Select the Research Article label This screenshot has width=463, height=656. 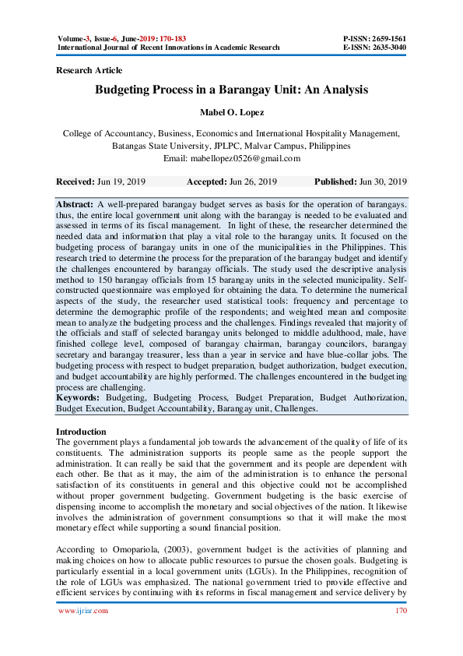coord(89,70)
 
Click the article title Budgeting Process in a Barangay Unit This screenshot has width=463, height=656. coord(231,90)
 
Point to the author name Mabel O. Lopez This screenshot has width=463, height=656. coord(231,112)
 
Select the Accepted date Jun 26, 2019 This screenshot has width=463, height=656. coord(254,182)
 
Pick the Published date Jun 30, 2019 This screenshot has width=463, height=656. coord(383,182)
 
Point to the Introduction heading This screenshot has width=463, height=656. coord(81,432)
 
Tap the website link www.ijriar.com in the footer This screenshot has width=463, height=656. coord(83,611)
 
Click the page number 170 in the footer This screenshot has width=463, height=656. coord(400,611)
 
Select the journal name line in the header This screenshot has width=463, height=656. coord(168,47)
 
